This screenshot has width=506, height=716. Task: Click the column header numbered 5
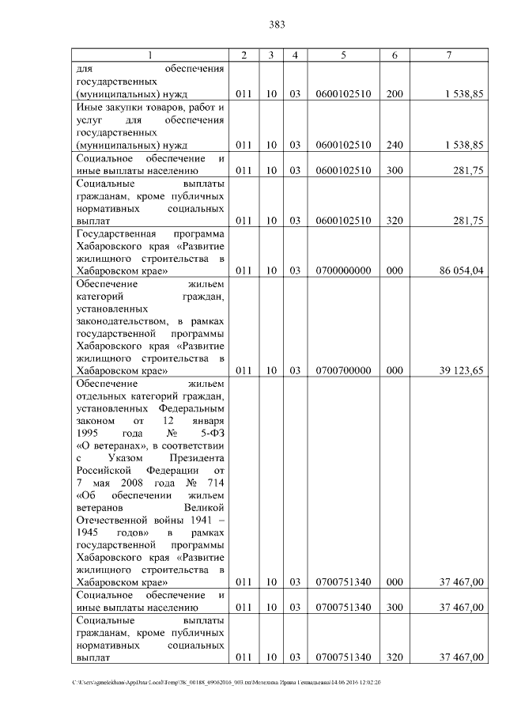click(343, 55)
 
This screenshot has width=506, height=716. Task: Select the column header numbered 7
click(448, 55)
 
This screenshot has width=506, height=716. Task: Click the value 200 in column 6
click(395, 94)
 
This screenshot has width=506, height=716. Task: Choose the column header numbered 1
click(149, 55)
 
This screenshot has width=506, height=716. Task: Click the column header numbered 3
click(271, 55)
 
